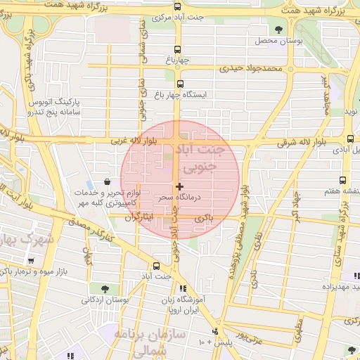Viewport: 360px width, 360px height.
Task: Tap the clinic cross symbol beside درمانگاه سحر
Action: point(180,186)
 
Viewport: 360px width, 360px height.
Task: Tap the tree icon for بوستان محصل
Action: point(278,30)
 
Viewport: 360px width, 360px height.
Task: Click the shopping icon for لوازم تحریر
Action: point(106,182)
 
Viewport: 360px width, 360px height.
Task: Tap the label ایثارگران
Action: point(139,219)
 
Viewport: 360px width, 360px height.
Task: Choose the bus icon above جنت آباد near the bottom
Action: point(156,266)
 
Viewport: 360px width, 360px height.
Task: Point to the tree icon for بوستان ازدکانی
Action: point(105,288)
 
